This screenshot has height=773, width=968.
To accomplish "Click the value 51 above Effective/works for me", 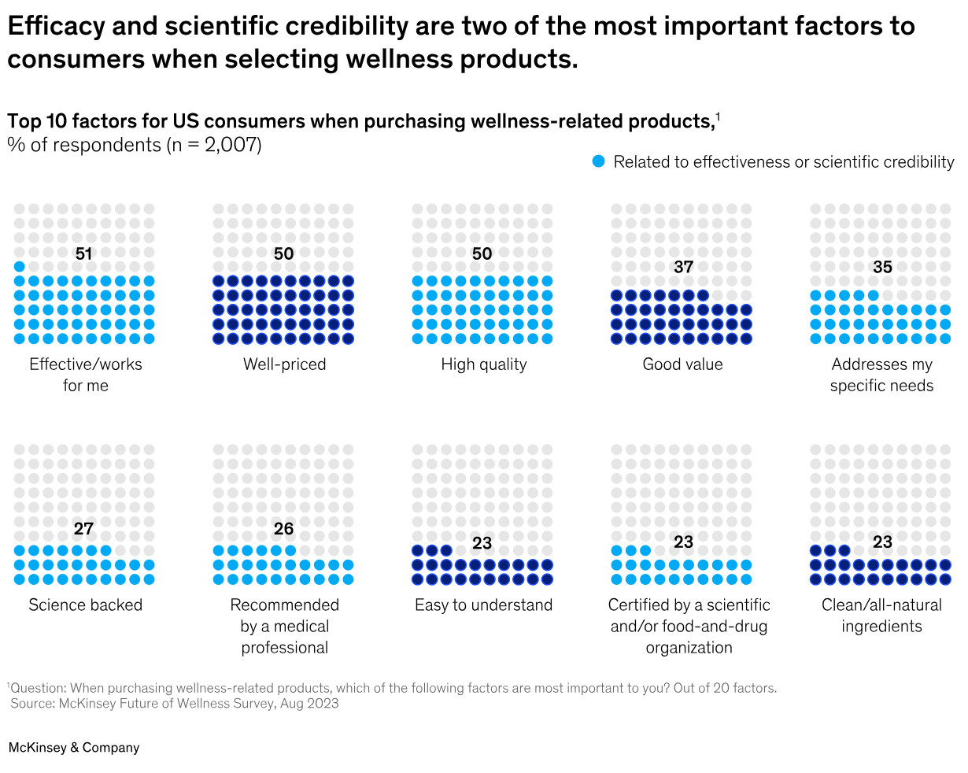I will point(83,253).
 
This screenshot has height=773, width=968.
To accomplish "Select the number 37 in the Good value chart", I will point(683,267).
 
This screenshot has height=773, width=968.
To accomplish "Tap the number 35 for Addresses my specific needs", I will point(882,267).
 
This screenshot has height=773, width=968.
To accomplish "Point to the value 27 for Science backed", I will point(83,529).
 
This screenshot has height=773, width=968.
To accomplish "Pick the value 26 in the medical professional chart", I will point(283,529).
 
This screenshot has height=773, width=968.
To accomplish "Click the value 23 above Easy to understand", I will point(482,543).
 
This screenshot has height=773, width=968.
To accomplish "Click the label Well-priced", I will point(284,364).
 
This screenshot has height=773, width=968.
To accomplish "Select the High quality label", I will point(483,364).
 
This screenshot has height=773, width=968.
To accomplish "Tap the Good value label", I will point(682,364).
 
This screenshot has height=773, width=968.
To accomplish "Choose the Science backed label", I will point(85,605).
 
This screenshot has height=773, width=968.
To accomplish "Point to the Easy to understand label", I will point(483,605).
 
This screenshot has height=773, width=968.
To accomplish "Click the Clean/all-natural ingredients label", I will point(881,616).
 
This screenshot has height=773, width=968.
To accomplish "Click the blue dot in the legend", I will point(599,161).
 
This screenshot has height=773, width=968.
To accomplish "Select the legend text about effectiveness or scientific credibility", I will point(783,162).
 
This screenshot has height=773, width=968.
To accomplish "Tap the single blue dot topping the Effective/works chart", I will point(20,267).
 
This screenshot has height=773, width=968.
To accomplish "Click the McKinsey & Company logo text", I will point(74,748).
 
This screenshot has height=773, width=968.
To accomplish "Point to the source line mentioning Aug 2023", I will point(175,704).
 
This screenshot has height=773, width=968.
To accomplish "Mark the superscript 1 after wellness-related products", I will point(718,117).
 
